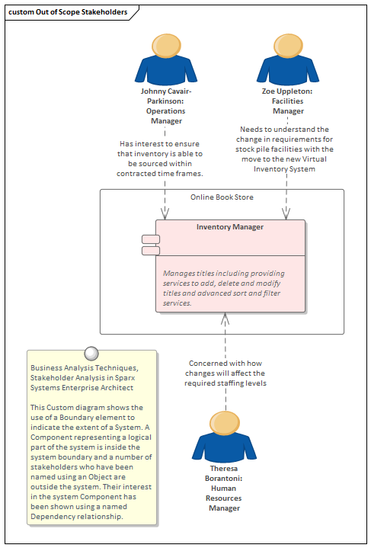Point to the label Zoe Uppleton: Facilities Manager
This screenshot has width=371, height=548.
tap(287, 101)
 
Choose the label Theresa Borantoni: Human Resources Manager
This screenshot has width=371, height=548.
tap(225, 488)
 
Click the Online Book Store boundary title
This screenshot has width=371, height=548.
tap(222, 197)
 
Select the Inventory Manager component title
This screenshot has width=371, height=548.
tap(230, 227)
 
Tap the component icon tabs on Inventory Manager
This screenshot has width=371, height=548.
tap(150, 245)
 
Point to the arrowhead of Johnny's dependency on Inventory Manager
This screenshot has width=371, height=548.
tap(165, 216)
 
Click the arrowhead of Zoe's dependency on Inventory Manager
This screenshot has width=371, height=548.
tap(286, 216)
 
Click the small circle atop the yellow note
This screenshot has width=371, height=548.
tap(91, 352)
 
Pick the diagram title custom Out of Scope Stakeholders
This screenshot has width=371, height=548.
tap(67, 13)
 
